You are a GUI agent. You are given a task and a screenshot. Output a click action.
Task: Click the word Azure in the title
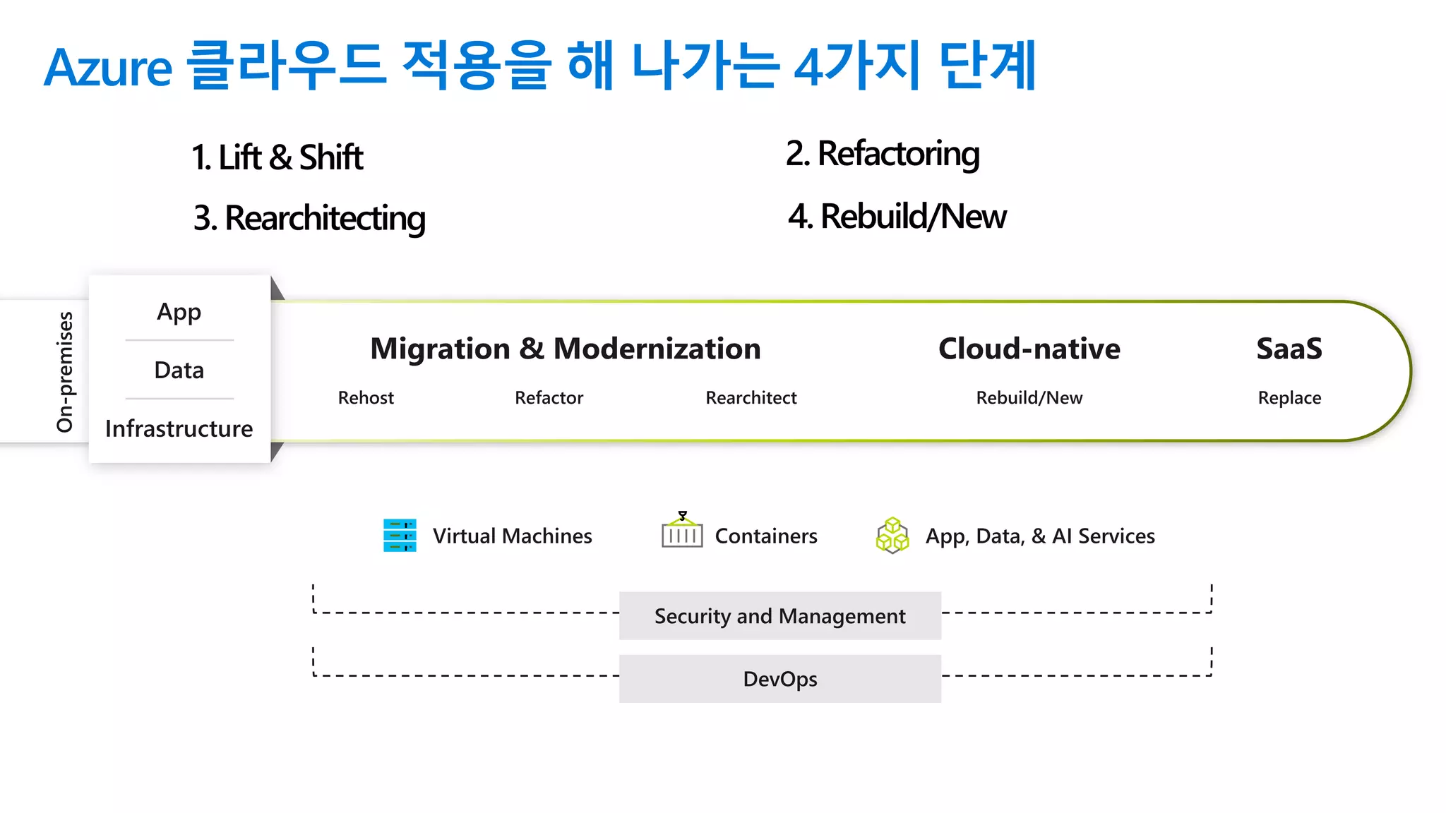click(x=108, y=68)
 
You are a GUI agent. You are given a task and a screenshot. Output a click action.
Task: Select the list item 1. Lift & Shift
click(x=277, y=157)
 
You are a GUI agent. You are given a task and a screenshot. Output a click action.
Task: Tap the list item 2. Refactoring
click(x=883, y=154)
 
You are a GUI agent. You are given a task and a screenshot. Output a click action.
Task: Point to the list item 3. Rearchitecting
click(x=309, y=218)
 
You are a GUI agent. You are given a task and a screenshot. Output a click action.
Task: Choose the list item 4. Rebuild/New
click(x=897, y=217)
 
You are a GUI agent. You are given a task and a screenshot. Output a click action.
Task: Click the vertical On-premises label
click(x=65, y=372)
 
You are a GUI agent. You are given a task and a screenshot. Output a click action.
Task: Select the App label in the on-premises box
click(x=179, y=312)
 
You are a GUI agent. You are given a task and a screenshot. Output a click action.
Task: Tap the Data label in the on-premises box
click(x=179, y=371)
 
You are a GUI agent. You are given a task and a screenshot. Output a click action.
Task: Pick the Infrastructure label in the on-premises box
click(x=179, y=429)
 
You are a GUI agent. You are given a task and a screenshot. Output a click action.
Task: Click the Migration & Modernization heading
click(x=566, y=349)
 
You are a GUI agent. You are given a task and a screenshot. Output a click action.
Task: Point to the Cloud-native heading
click(x=1029, y=349)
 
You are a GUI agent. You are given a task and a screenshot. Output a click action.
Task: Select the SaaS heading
click(x=1289, y=349)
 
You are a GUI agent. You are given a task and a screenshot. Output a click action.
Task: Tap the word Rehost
click(x=366, y=398)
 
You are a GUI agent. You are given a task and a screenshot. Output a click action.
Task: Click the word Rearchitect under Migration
click(x=751, y=398)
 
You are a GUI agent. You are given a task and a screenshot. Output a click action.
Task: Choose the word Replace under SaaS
click(x=1289, y=398)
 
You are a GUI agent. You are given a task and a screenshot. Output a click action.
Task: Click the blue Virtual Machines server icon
click(x=400, y=536)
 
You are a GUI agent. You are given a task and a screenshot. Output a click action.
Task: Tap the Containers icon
click(x=682, y=532)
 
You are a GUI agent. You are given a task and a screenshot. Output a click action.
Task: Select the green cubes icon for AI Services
click(x=892, y=536)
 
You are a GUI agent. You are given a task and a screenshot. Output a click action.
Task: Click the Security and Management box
click(x=780, y=616)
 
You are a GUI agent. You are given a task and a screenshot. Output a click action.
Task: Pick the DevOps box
click(x=780, y=679)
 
